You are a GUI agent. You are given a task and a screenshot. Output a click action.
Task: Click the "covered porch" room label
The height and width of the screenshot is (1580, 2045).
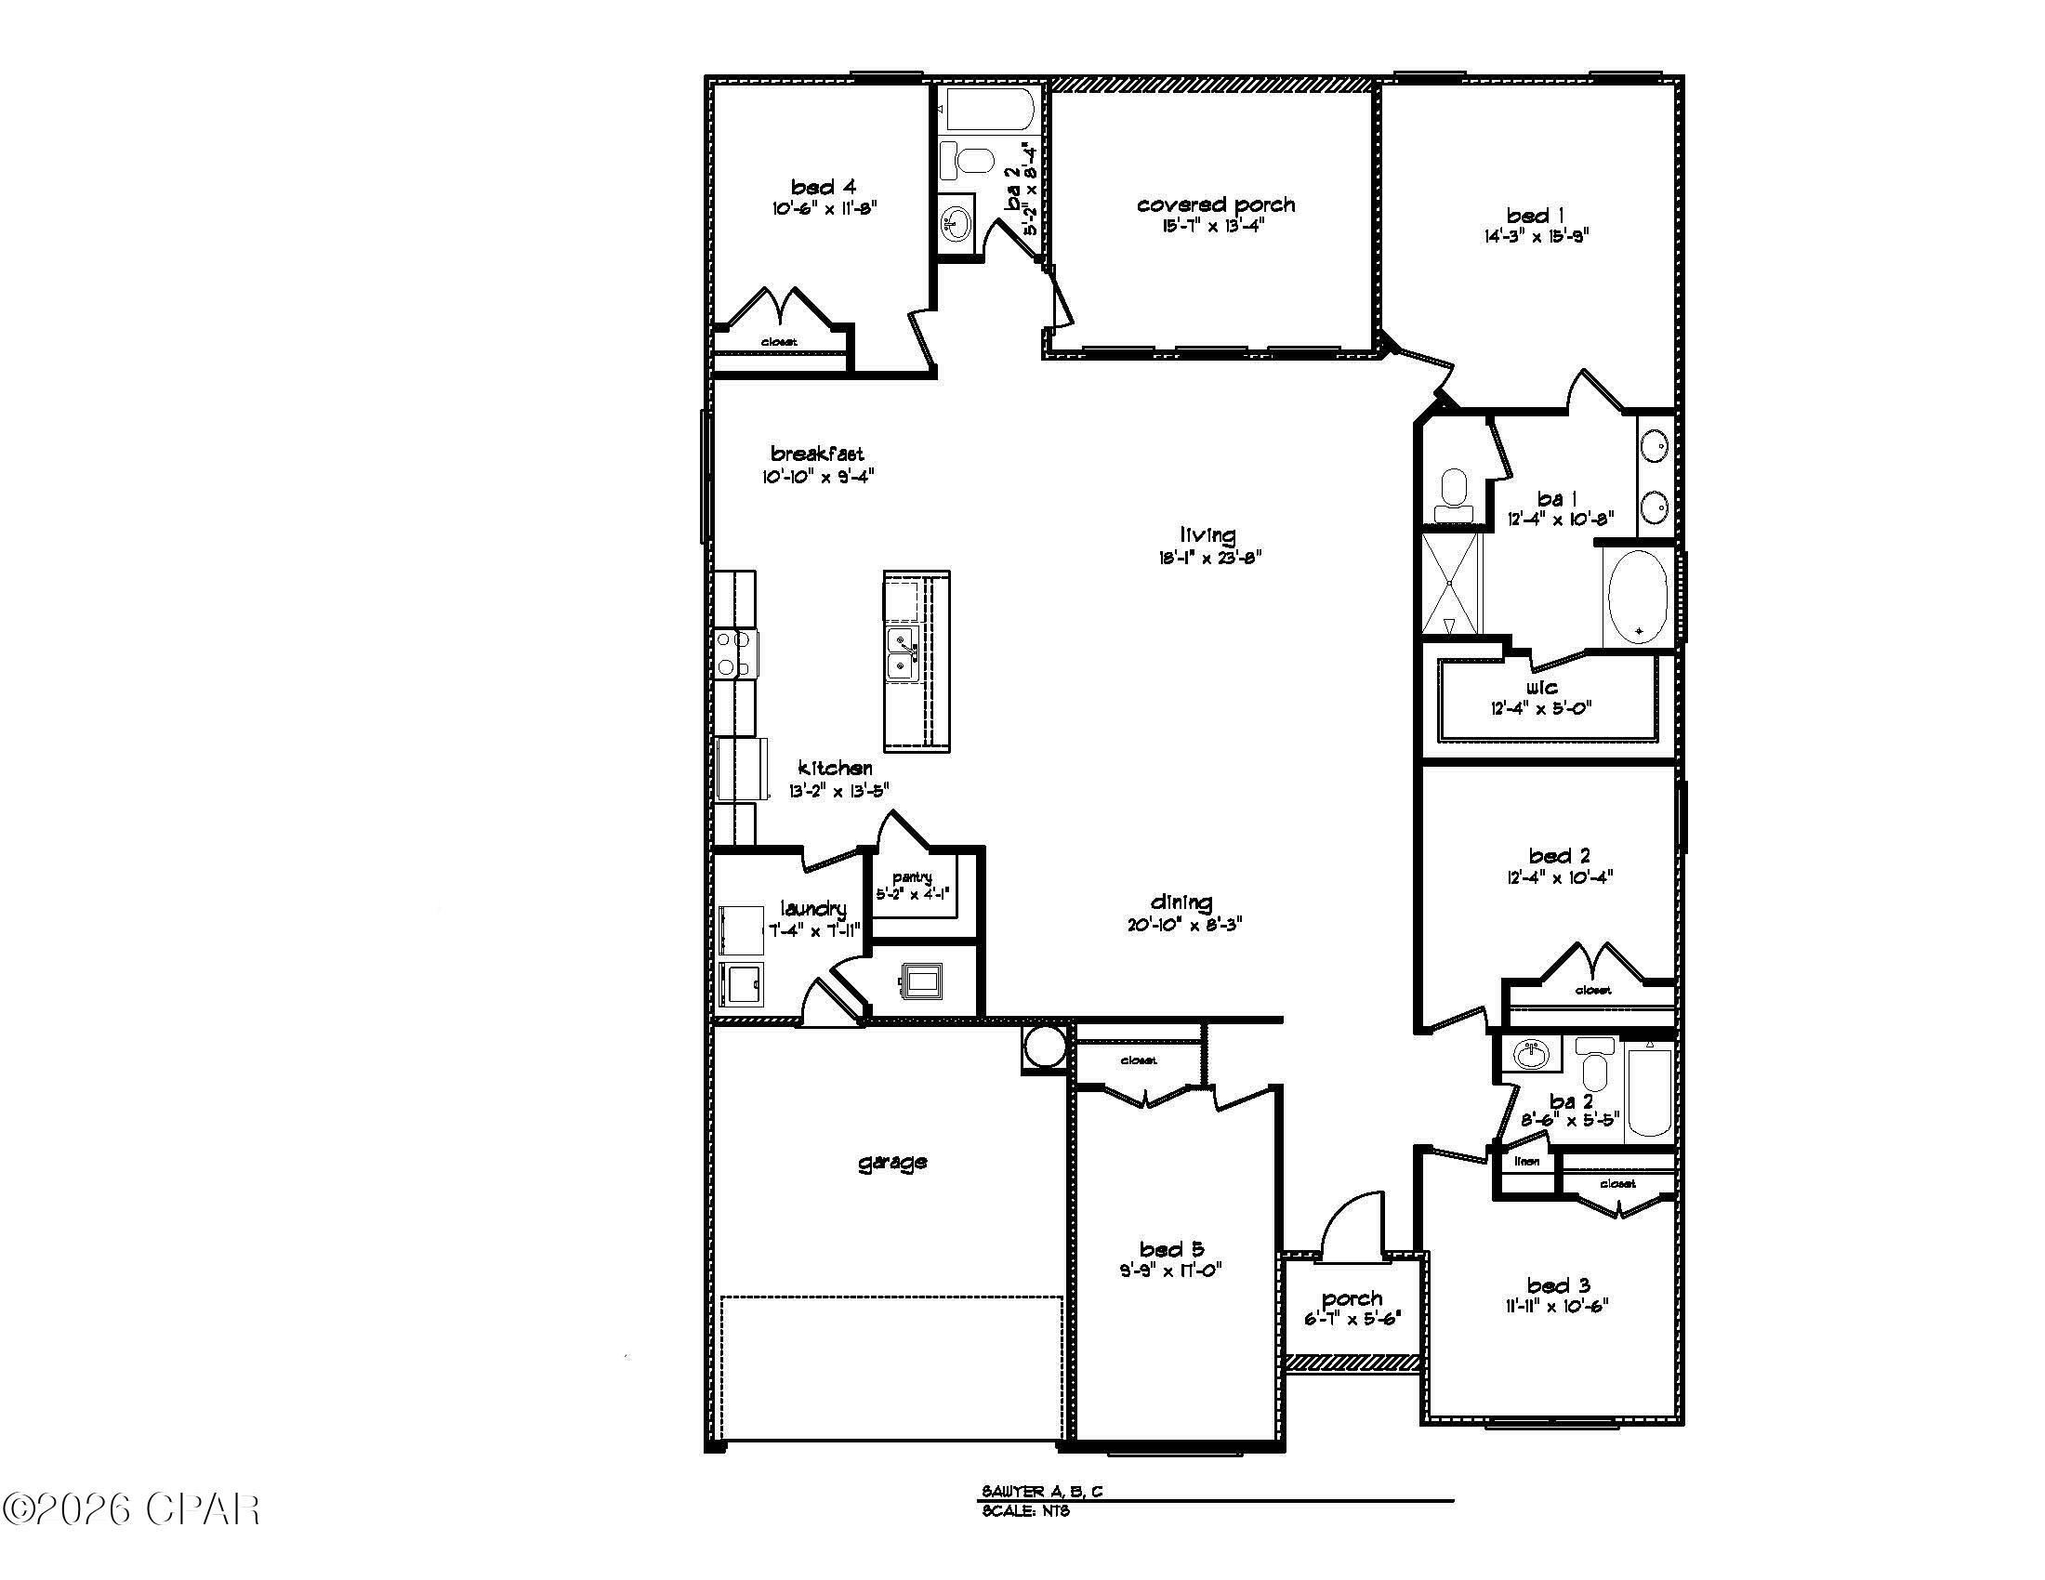[1216, 205]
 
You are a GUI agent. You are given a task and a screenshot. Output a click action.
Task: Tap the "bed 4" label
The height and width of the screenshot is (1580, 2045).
[823, 187]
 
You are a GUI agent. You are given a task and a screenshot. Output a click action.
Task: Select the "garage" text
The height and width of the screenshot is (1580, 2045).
[892, 1162]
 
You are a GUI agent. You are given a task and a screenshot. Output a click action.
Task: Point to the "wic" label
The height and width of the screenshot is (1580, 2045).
[1540, 688]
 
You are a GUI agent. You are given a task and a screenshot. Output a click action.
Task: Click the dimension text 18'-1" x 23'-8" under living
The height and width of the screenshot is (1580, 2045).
[1208, 558]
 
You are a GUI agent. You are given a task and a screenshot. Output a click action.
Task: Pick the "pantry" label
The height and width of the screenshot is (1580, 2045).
[912, 877]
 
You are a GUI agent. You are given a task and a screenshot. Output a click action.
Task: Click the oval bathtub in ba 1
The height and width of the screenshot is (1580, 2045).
[1638, 598]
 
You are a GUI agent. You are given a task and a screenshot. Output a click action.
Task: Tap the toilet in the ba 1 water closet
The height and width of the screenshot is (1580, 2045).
[1454, 494]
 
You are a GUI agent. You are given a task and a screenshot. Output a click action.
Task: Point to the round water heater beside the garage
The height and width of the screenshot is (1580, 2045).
[1044, 1047]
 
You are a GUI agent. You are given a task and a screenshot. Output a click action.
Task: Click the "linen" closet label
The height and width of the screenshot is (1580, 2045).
[1526, 1162]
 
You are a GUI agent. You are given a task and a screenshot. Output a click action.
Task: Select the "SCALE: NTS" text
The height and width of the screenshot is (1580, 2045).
[1025, 1511]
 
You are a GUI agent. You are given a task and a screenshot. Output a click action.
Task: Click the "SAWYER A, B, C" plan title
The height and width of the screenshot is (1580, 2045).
[1042, 1492]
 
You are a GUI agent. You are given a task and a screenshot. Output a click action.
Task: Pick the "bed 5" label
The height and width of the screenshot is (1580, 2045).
[1171, 1248]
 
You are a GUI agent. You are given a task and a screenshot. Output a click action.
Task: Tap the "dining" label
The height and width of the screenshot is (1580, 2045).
[1181, 902]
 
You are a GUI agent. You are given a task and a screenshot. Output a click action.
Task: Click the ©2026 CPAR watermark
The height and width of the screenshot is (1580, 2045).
[131, 1508]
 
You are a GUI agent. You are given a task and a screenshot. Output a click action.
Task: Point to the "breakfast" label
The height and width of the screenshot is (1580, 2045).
[816, 454]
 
